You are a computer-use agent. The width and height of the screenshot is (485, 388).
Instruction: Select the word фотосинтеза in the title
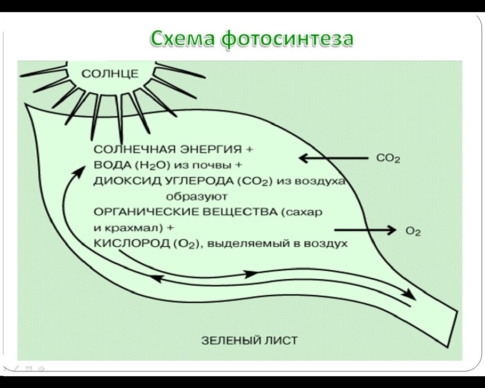[286, 39]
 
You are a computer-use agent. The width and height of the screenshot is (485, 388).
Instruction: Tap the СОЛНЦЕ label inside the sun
[110, 74]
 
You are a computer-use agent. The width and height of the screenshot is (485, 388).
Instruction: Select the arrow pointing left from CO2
[333, 158]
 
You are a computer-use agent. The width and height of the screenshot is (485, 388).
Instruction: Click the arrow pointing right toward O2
[366, 230]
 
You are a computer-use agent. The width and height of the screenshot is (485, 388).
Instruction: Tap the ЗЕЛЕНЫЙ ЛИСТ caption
[249, 340]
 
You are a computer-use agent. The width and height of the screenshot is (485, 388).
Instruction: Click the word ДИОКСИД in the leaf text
[120, 181]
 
